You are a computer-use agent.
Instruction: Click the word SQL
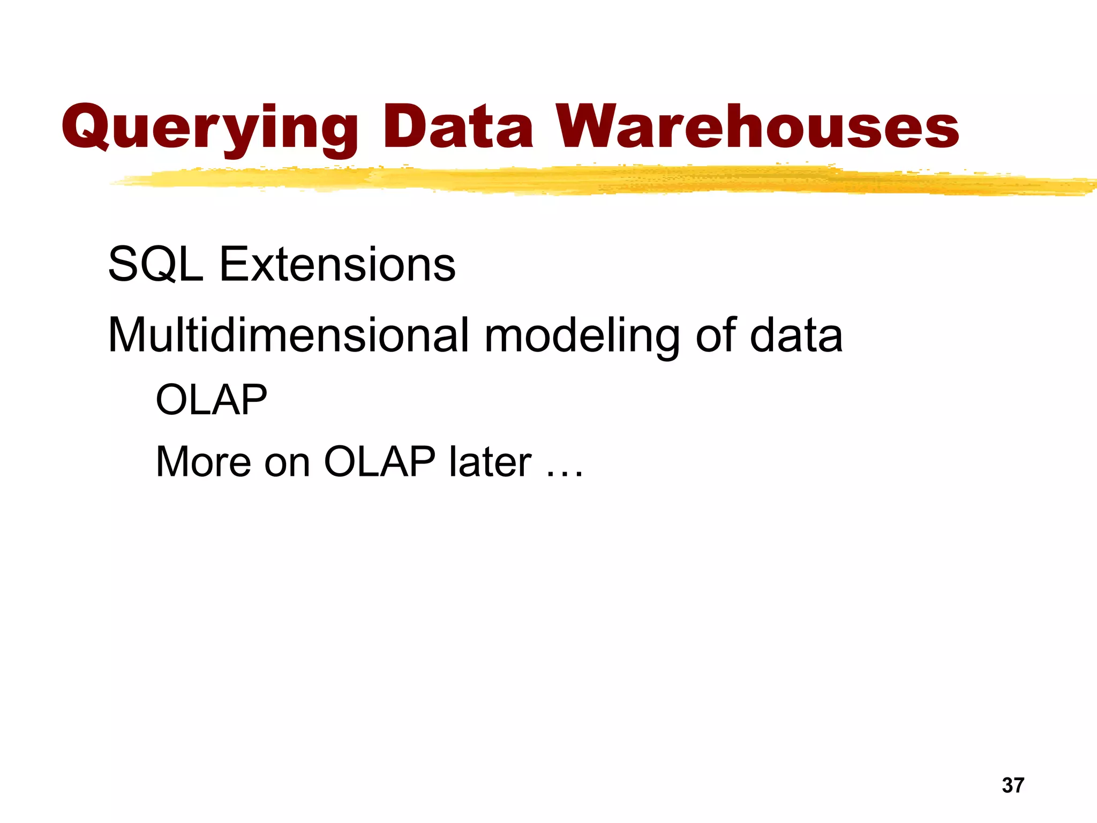click(155, 265)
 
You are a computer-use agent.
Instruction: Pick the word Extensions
click(337, 264)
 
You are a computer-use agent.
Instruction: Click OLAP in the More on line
click(379, 462)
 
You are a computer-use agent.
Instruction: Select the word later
click(490, 462)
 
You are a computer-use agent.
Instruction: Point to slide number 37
click(1012, 785)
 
